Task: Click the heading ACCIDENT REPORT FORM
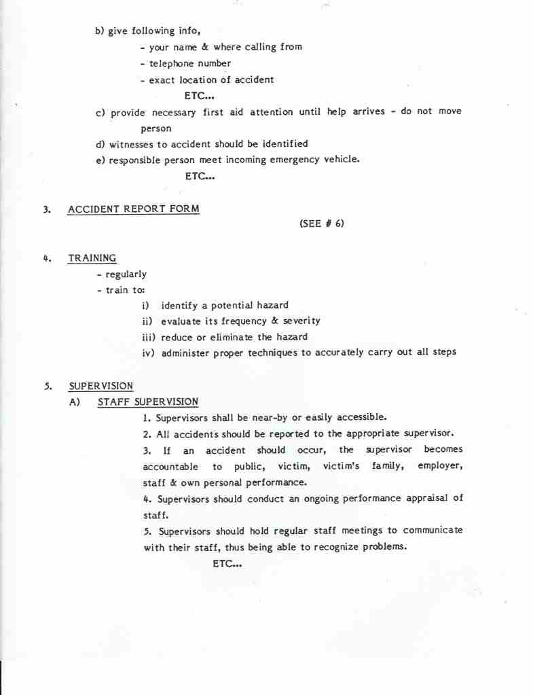[x=134, y=209]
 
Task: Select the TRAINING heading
[x=92, y=258]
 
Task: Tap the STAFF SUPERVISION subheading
[x=148, y=402]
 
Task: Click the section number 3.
[x=47, y=209]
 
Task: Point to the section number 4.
[x=47, y=258]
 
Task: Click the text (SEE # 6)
[x=321, y=224]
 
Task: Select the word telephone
[x=172, y=63]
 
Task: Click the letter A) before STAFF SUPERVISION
[x=75, y=402]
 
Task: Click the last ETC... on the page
[x=227, y=563]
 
